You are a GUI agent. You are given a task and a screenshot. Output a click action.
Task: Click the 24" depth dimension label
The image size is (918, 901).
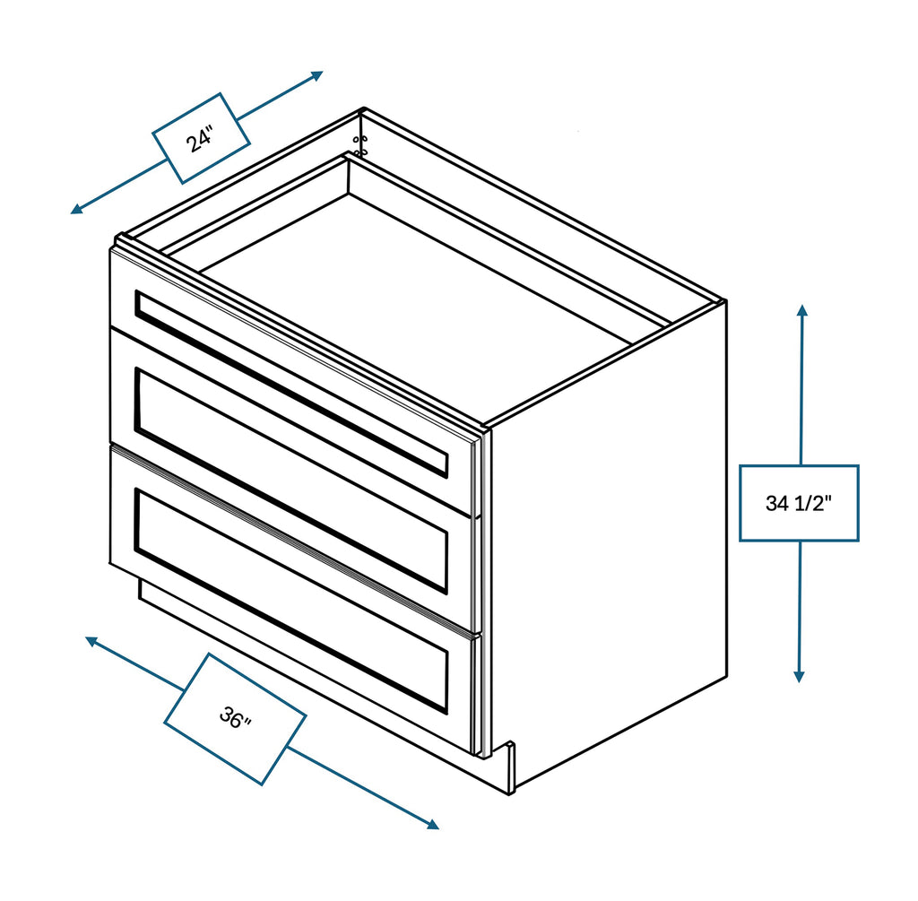click(x=201, y=139)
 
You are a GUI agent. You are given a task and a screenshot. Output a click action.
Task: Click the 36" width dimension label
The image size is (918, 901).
click(x=235, y=718)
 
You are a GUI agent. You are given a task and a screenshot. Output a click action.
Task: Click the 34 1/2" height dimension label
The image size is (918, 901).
click(x=799, y=503)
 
